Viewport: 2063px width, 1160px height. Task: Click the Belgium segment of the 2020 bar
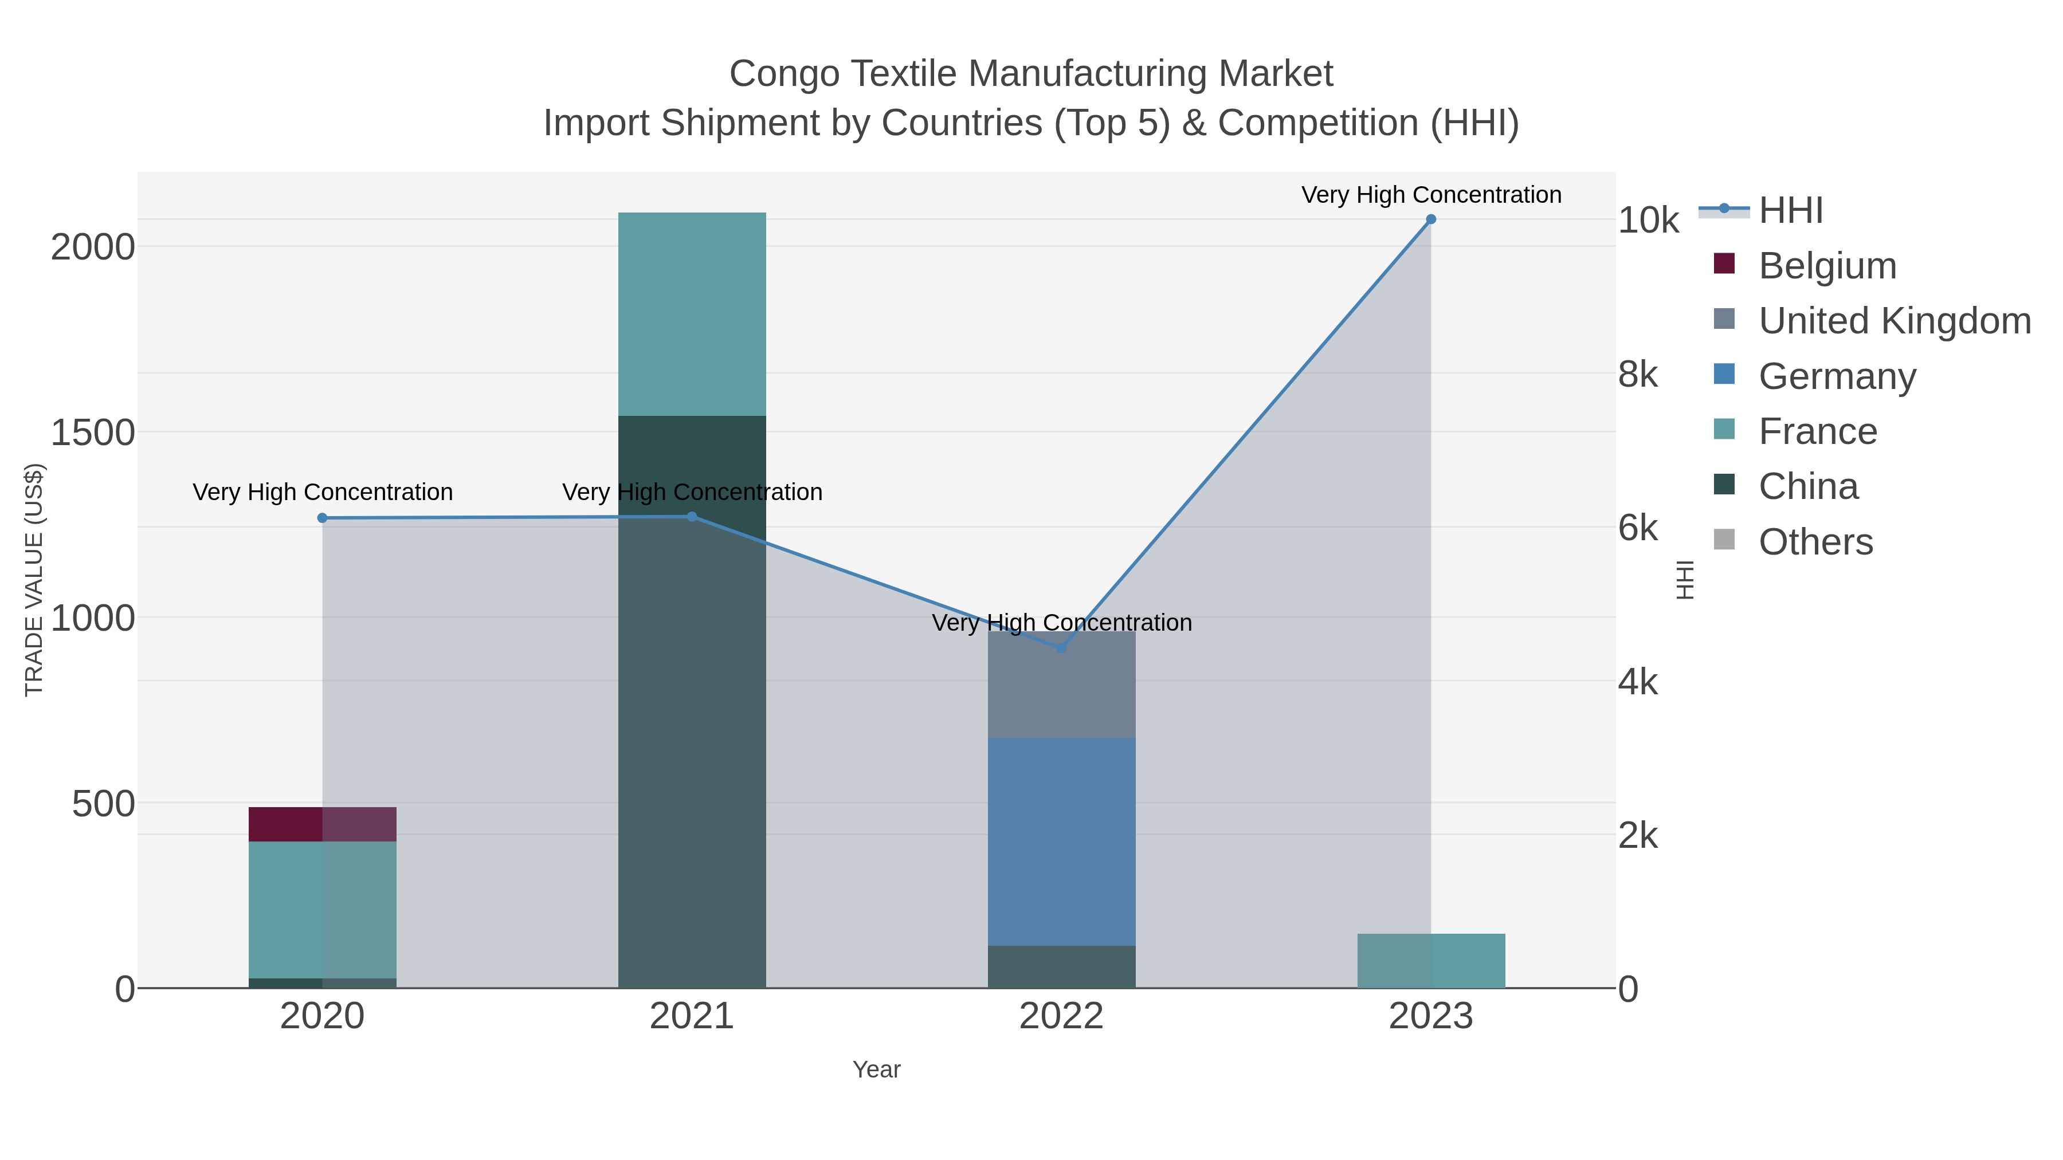(x=322, y=824)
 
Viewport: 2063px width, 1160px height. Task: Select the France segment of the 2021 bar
(x=692, y=314)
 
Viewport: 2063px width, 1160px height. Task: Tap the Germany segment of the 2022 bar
(x=1061, y=840)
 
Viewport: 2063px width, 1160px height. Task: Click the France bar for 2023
(x=1431, y=961)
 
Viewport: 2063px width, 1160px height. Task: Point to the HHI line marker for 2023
(x=1431, y=219)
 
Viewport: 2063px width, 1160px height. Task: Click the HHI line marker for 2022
(x=1062, y=648)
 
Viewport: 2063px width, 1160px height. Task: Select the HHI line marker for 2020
(x=323, y=518)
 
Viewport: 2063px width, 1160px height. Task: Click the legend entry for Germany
(x=1837, y=376)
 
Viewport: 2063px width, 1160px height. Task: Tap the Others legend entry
(x=1815, y=542)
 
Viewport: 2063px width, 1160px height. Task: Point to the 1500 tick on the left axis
(x=92, y=433)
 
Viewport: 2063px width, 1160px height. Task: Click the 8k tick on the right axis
(x=1638, y=375)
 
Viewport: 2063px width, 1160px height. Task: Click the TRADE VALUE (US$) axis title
(x=34, y=580)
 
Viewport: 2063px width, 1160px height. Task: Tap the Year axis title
(x=876, y=1069)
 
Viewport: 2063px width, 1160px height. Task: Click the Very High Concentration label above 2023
(x=1431, y=195)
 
